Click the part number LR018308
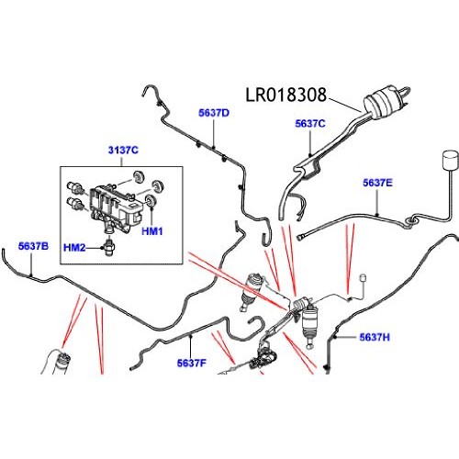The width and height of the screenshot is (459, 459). [x=286, y=94]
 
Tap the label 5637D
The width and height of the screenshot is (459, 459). [x=214, y=113]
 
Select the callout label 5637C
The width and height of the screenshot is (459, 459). [x=311, y=122]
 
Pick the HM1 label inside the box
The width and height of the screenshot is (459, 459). [x=153, y=231]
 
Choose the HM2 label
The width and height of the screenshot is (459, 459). [x=74, y=248]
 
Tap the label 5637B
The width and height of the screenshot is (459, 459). [x=34, y=246]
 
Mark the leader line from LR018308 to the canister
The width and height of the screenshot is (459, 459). [x=344, y=103]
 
